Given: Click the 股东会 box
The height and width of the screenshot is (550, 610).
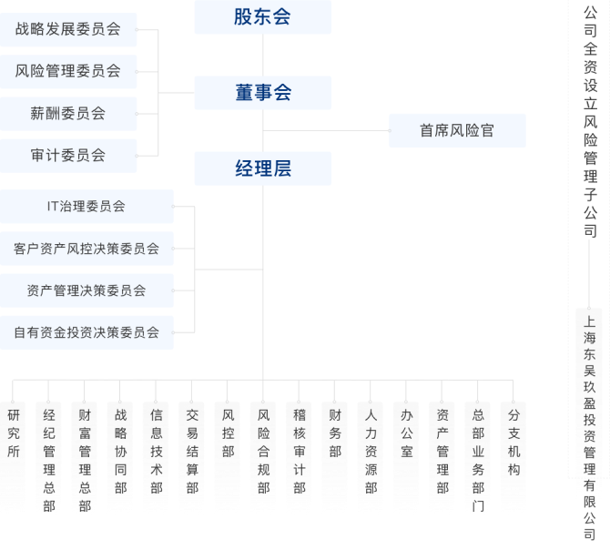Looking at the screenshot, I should click(x=262, y=16).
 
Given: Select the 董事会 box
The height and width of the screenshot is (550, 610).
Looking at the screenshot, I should click(x=262, y=92).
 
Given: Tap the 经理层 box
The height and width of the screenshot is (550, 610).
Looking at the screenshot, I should click(x=262, y=168).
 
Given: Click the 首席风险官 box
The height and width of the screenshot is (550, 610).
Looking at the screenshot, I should click(x=457, y=130).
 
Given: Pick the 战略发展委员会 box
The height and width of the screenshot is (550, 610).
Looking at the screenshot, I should click(x=67, y=29).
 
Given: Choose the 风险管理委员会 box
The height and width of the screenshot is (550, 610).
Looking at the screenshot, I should click(x=67, y=71).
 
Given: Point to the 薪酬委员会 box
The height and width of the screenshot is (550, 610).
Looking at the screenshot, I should click(x=67, y=114).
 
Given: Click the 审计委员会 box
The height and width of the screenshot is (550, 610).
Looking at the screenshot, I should click(x=67, y=156).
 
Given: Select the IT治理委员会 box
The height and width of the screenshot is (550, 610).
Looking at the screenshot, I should click(x=86, y=207).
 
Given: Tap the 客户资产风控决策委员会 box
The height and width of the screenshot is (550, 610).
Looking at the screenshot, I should click(x=86, y=248).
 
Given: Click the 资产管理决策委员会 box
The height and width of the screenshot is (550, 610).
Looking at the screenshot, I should click(x=86, y=290).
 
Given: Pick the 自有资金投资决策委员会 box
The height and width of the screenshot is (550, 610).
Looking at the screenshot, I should click(x=86, y=332).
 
